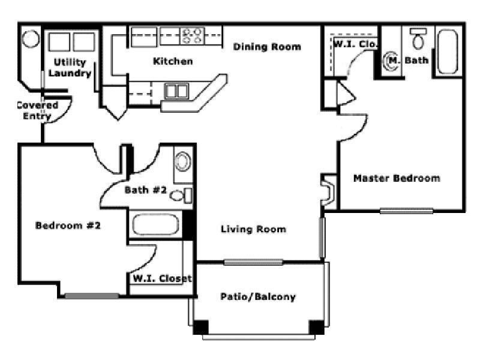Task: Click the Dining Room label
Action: coord(267,47)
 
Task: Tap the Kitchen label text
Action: coord(173,61)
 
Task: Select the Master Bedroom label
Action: coord(396,178)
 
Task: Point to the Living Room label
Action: coord(253,229)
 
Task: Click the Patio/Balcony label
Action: coord(258,297)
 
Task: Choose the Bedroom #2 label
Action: coord(68,226)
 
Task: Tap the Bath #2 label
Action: coord(145,190)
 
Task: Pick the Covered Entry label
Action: coord(37,111)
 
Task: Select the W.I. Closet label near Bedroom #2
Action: coord(161,278)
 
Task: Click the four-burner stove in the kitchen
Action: coord(194,36)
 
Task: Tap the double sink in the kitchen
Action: coord(176,91)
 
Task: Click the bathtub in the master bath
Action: coord(448,52)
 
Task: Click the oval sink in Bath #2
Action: coord(182,162)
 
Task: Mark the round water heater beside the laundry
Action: coord(30,39)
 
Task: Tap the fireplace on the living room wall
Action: coord(328,191)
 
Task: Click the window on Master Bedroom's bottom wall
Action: coord(406,211)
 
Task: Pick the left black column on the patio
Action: coord(200,328)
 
